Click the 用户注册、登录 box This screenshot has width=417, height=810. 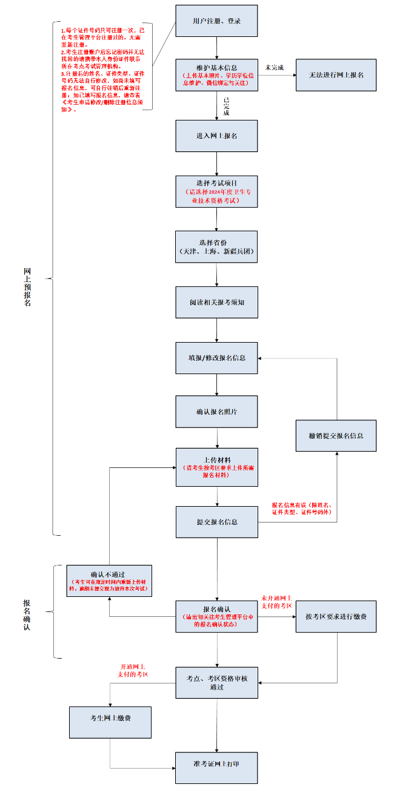pos(216,21)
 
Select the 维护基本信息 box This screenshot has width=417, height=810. pos(216,74)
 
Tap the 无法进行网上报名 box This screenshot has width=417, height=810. pos(336,75)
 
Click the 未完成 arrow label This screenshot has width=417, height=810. pos(274,67)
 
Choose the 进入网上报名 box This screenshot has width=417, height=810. pos(216,136)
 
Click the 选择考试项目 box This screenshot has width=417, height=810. pos(216,191)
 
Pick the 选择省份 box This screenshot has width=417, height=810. pos(216,246)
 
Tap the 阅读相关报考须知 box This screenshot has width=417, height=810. pos(216,301)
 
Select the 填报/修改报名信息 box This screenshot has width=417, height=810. pos(216,358)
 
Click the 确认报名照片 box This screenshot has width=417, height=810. pos(216,412)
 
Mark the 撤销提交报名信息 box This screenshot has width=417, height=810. pos(336,435)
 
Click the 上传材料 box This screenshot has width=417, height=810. pos(216,467)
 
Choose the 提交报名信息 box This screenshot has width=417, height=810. pos(216,522)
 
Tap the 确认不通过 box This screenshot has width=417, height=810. pos(109,581)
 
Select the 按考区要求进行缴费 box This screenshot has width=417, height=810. pos(336,616)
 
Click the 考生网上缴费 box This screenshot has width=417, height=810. pos(110,722)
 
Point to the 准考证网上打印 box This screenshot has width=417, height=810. pos(216,768)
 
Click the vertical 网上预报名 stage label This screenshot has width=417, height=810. pos(27,287)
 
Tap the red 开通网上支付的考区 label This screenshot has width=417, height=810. pos(134,670)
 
